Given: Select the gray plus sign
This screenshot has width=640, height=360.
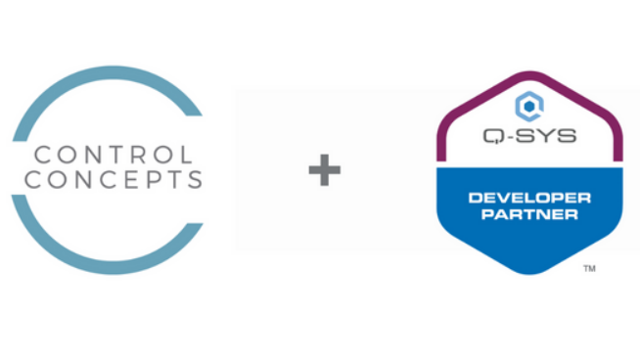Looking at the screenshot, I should coord(325,170).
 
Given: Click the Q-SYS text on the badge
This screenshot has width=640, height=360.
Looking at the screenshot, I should coord(529,134).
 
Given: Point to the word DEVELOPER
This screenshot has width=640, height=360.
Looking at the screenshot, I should coord(529,197).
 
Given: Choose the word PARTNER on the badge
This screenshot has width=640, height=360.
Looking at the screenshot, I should coord(529,214).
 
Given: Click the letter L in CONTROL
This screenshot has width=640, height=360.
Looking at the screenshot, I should coord(186,155).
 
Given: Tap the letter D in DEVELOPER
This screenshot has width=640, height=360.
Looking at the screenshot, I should coord(475,197).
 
